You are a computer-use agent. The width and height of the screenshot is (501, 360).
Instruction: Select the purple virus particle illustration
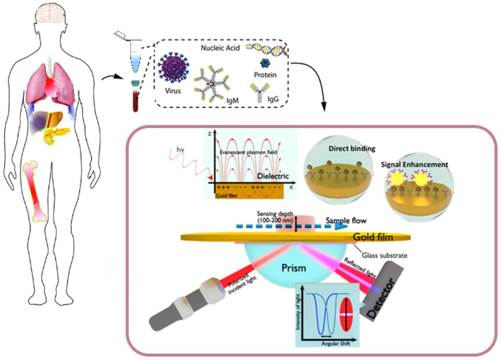173,72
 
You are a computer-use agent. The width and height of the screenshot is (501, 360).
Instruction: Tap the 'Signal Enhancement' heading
414,165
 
